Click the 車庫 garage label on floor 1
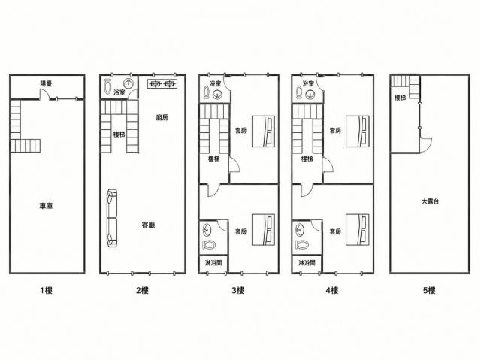[x=46, y=206]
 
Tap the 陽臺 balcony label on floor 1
[x=47, y=83]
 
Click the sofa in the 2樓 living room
[x=112, y=218]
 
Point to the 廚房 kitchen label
[x=162, y=117]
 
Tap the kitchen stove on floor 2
[x=162, y=83]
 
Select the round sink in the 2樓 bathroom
[x=129, y=83]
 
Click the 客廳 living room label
[x=149, y=225]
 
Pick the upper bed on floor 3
[x=263, y=132]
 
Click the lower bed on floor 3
[x=263, y=230]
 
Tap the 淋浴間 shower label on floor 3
[x=213, y=263]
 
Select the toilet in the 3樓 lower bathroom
[x=209, y=244]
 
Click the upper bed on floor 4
[x=358, y=132]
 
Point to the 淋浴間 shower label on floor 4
[x=307, y=263]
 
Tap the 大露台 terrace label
[x=430, y=201]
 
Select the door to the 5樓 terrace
[x=426, y=145]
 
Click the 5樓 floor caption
[x=429, y=290]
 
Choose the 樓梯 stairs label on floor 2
[x=119, y=134]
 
